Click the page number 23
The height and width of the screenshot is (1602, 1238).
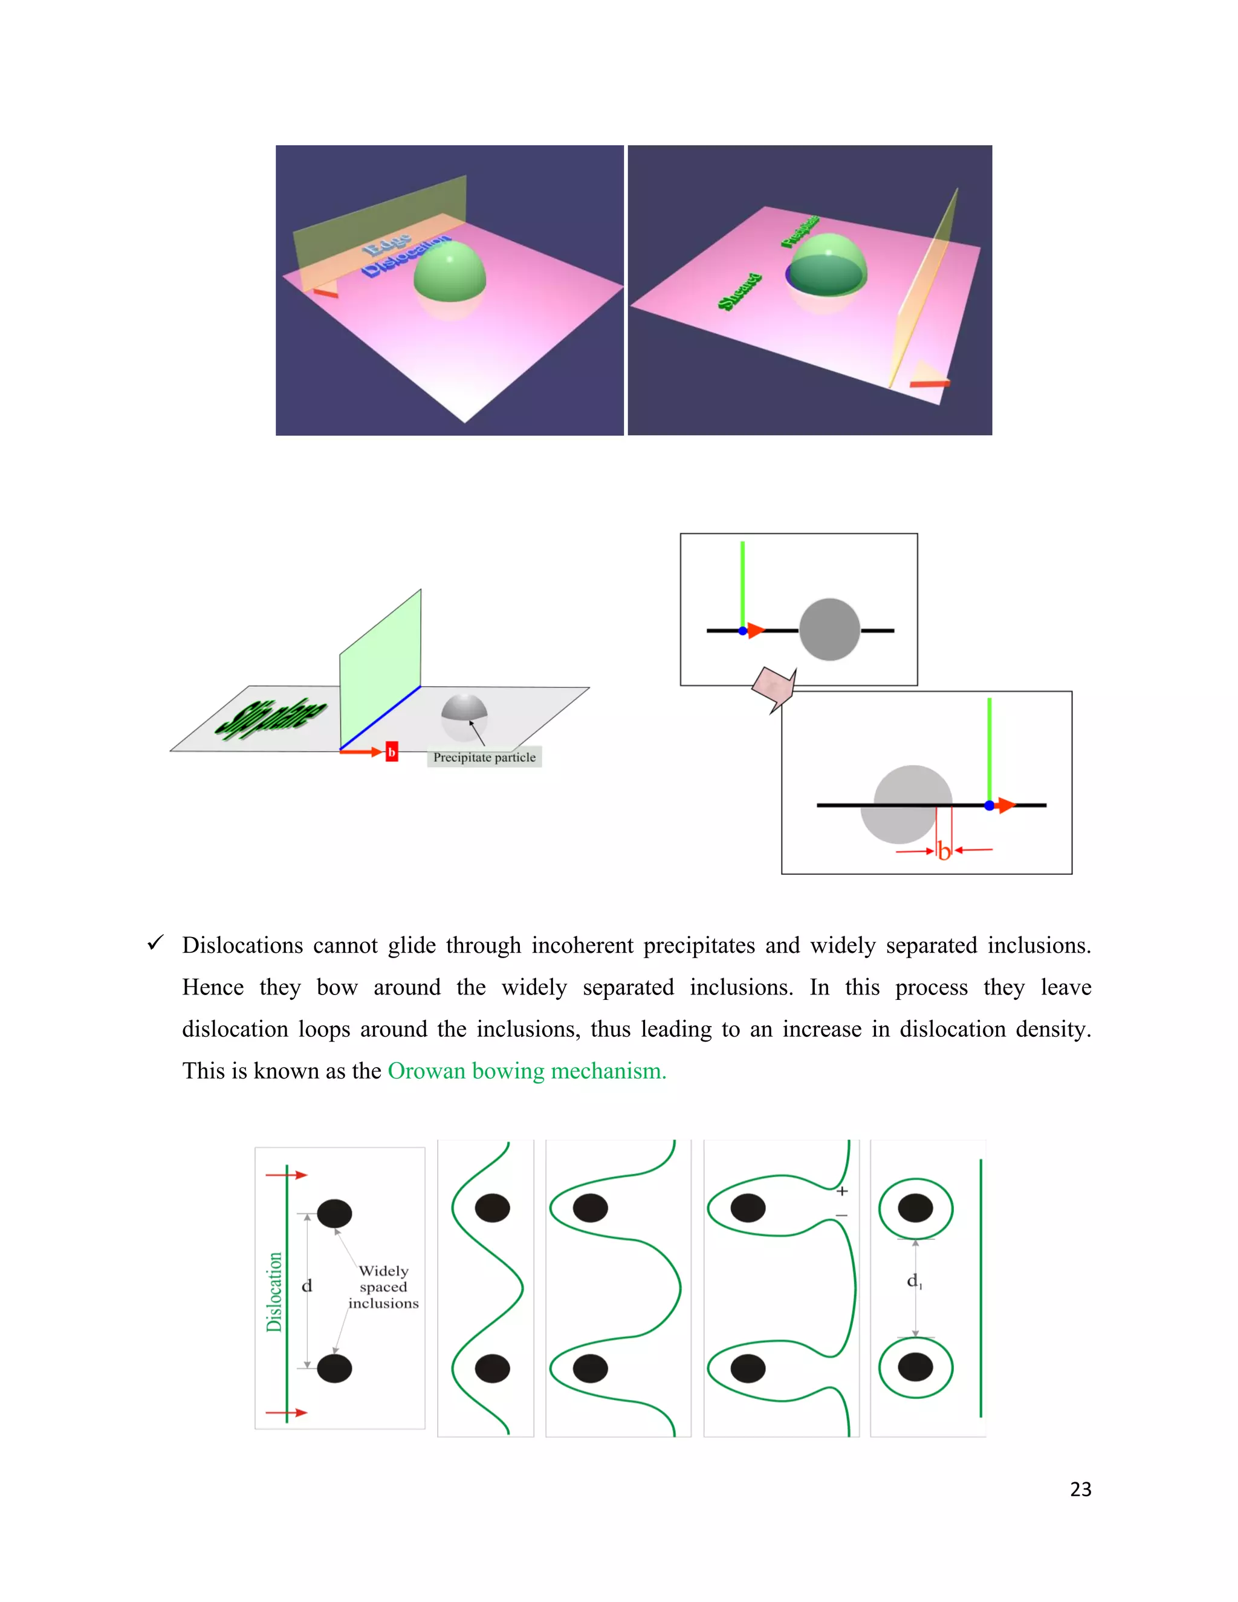(x=1080, y=1488)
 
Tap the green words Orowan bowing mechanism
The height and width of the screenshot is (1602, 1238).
(x=527, y=1071)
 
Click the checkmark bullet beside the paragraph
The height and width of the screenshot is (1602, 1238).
(x=155, y=942)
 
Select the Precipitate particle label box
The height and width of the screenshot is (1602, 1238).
(x=484, y=757)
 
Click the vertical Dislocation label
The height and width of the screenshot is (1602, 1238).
(x=274, y=1292)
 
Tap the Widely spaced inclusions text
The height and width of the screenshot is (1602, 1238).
(x=383, y=1286)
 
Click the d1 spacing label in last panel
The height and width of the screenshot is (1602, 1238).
(x=914, y=1281)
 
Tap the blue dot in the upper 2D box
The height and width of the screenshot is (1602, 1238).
(x=743, y=631)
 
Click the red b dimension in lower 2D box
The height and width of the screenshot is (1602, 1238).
(x=944, y=851)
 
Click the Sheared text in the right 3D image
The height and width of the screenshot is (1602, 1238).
(x=739, y=291)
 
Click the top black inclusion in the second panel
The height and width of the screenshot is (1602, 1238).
(x=492, y=1207)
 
